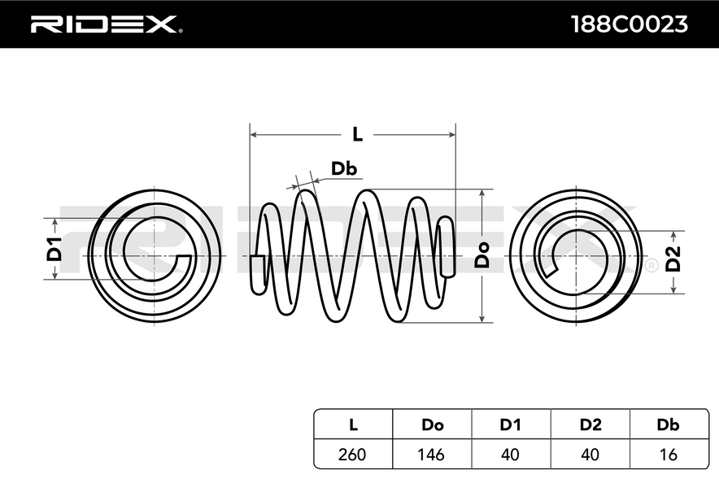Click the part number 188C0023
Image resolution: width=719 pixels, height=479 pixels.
click(x=630, y=24)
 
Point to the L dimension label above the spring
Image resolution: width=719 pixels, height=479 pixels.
click(x=357, y=134)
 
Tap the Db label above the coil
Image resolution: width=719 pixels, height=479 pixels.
click(x=344, y=168)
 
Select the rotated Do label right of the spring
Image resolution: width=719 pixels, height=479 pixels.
click(x=482, y=255)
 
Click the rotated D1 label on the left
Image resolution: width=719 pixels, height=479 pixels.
click(x=54, y=250)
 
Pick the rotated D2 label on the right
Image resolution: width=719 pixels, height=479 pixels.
click(x=673, y=259)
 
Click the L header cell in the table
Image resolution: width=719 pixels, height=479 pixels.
click(x=353, y=425)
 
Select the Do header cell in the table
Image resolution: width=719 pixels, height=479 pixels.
click(x=432, y=425)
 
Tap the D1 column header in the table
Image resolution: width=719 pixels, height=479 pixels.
click(x=510, y=425)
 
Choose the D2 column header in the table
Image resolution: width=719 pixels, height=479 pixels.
click(x=590, y=425)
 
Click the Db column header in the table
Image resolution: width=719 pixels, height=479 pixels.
click(x=668, y=425)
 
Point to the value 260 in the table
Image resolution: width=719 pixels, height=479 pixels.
click(x=352, y=455)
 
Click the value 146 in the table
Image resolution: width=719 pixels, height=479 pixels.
click(x=431, y=455)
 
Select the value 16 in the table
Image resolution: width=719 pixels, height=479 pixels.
click(x=668, y=455)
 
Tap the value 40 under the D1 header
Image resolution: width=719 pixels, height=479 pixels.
click(x=510, y=455)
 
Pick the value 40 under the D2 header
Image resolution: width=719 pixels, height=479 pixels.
click(x=590, y=455)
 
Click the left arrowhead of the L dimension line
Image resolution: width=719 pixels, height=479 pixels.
click(x=253, y=135)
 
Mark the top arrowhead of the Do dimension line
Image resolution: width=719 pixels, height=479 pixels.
click(x=482, y=193)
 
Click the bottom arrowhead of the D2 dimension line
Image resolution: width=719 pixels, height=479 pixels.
click(x=673, y=290)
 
